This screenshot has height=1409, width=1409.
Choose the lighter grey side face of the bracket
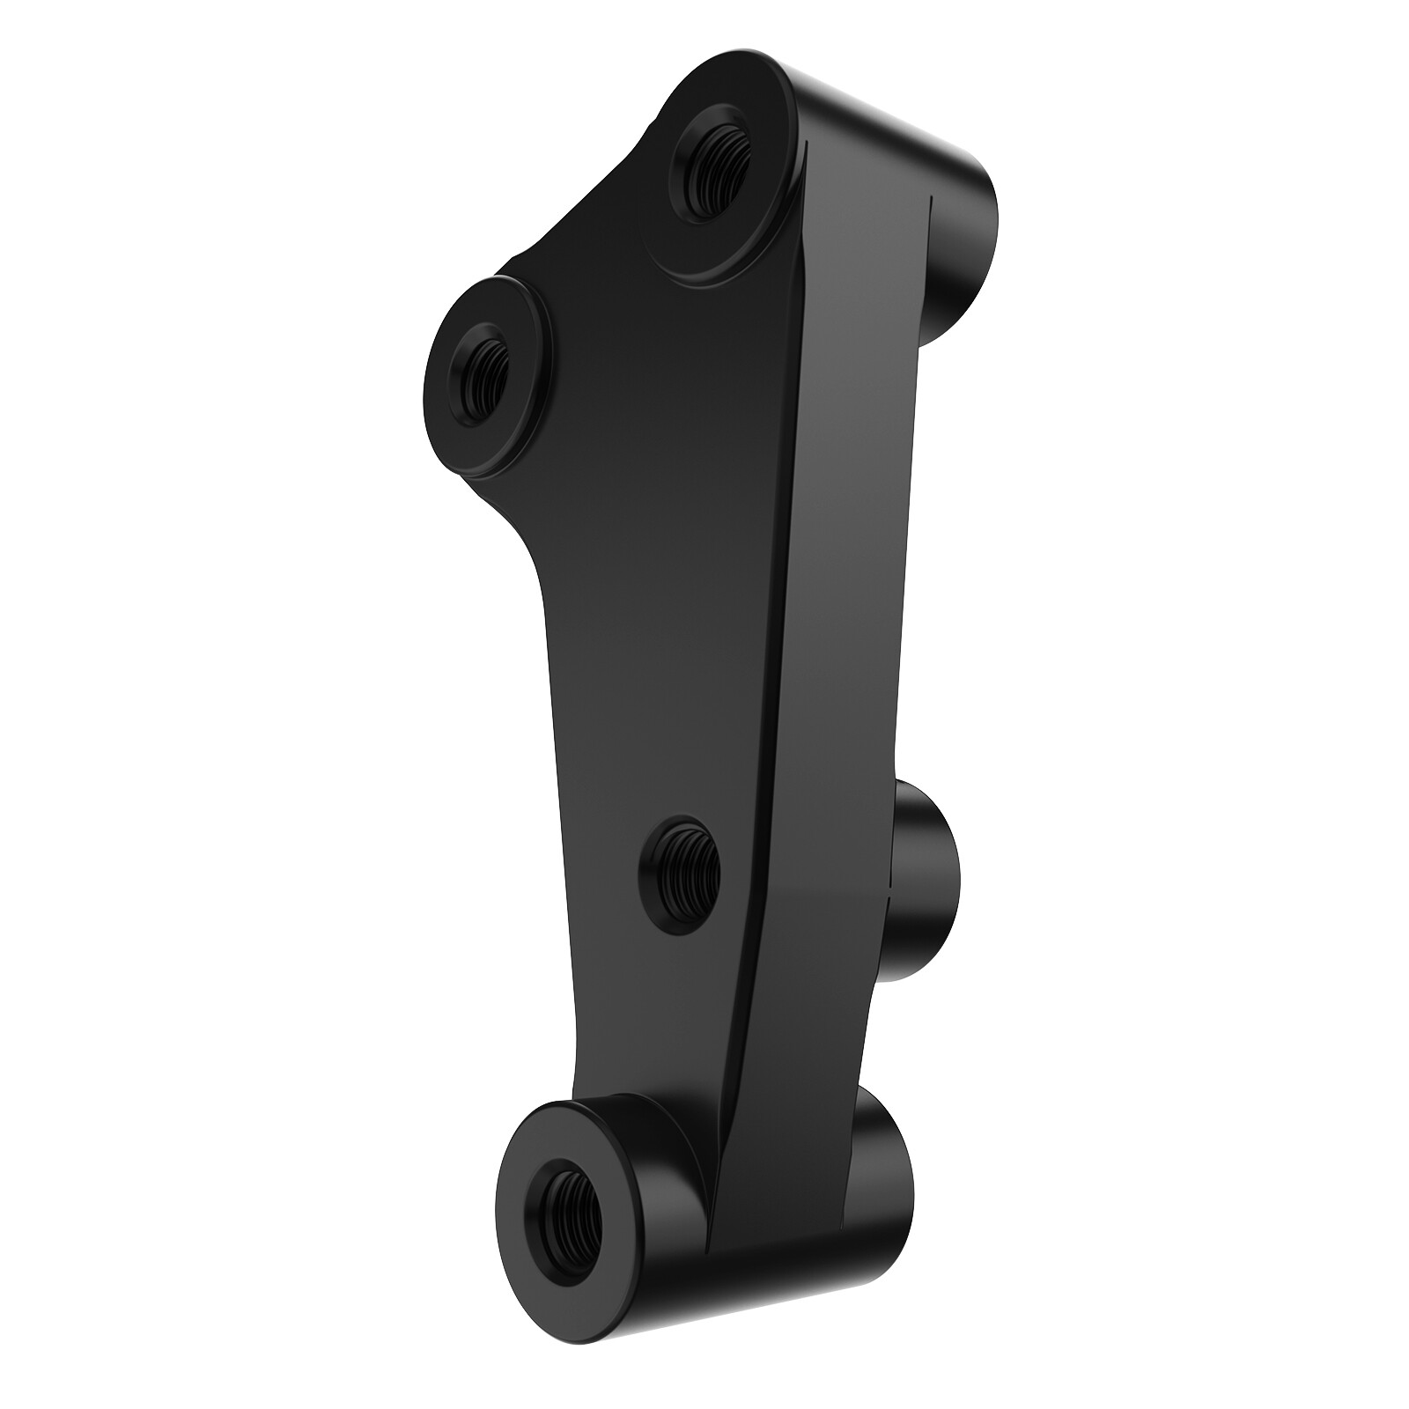[x=854, y=528]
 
